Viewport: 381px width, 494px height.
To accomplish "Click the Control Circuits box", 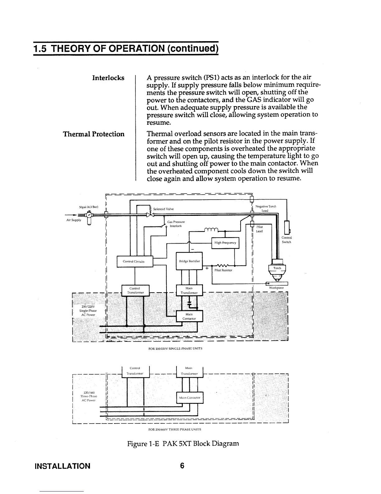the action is pos(134,261).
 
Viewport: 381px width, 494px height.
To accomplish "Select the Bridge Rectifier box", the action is pos(189,261).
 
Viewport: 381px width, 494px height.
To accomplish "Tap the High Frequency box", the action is pos(225,243).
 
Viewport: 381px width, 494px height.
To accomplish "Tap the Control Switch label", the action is pos(286,240).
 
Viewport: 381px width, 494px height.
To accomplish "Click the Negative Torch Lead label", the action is pos(266,208).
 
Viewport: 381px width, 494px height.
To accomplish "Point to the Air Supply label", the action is pos(74,220).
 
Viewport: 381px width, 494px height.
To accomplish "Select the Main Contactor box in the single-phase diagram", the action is pos(189,316).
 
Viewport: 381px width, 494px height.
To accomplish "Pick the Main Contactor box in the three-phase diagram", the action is pos(190,398).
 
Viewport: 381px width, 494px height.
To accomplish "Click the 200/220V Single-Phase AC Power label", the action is pos(89,311).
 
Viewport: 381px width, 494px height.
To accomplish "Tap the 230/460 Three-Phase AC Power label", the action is pos(88,396).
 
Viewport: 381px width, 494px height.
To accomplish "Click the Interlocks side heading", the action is pos(108,78).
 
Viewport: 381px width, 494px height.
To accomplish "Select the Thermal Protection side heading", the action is pos(94,134).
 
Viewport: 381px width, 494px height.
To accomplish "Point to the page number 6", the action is pos(182,466).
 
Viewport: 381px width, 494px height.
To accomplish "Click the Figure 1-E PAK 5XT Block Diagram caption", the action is pos(182,443).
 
